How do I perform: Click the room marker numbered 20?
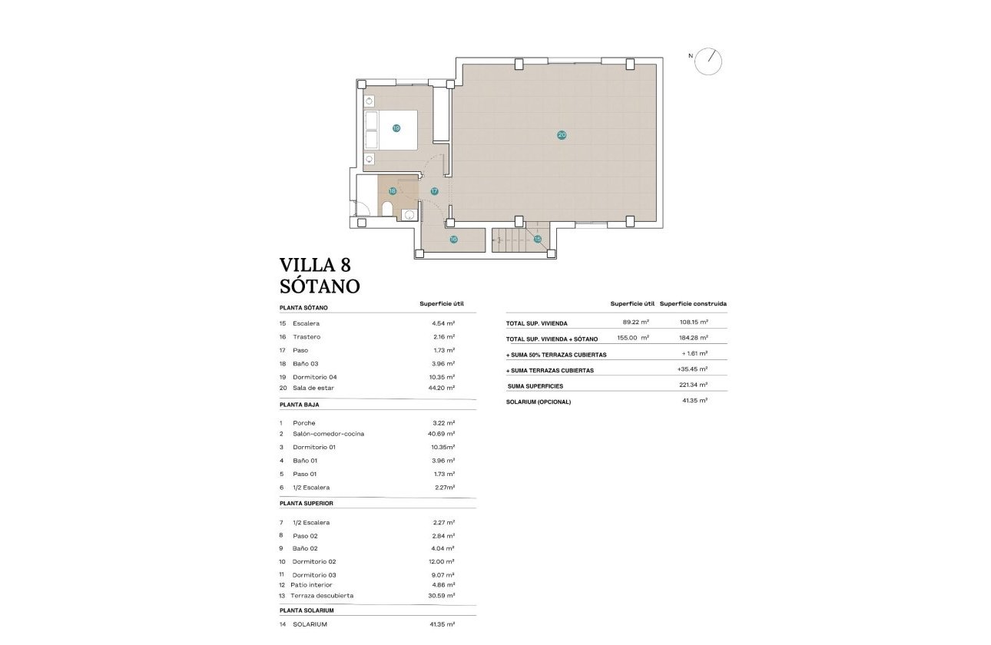[x=562, y=135]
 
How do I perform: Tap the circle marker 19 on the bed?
[x=396, y=128]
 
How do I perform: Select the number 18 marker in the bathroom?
[x=392, y=191]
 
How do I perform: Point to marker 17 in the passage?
[x=434, y=191]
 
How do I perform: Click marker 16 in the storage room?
[x=453, y=240]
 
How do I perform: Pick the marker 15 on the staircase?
[x=538, y=240]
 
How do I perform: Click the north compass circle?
[x=708, y=61]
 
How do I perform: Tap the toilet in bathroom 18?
[x=387, y=210]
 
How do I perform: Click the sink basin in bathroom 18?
[x=409, y=214]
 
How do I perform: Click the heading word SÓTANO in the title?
[x=320, y=286]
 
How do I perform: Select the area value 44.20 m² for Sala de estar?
[x=442, y=388]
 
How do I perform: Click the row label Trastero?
[x=307, y=337]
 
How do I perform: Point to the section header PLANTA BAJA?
[x=300, y=404]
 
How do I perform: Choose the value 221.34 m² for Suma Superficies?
[x=693, y=385]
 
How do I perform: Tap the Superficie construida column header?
[x=693, y=303]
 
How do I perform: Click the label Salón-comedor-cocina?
[x=328, y=434]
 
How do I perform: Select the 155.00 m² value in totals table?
[x=633, y=338]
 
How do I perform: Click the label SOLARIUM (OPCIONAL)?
[x=539, y=402]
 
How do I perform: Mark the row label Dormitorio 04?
[x=314, y=377]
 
